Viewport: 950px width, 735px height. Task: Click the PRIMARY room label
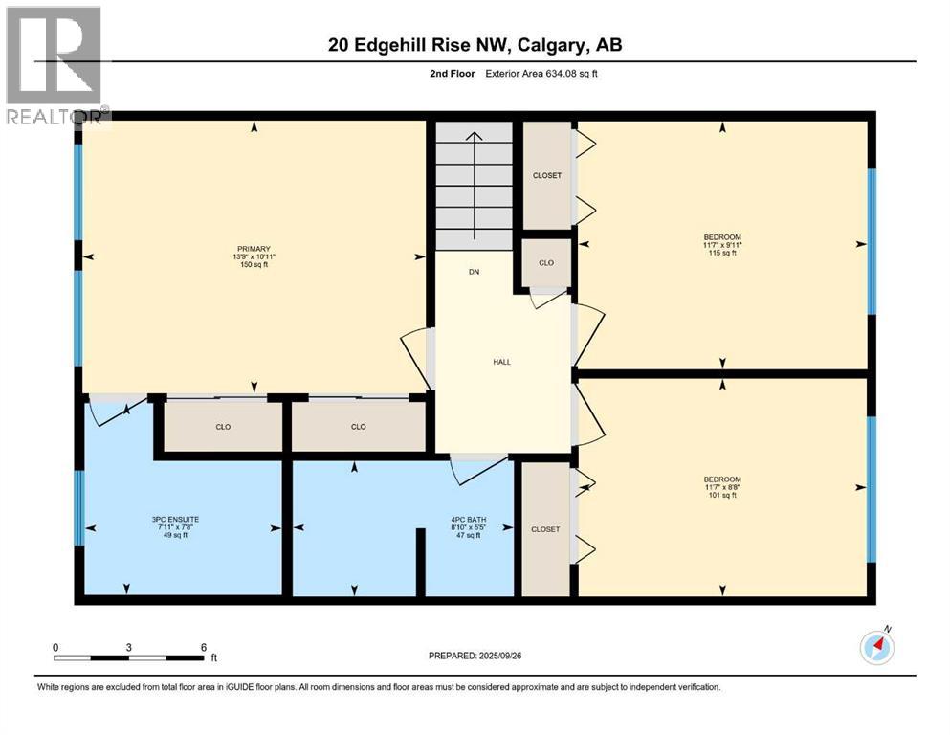click(x=254, y=249)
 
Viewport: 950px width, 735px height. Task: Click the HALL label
click(x=501, y=362)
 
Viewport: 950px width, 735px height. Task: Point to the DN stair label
click(x=474, y=272)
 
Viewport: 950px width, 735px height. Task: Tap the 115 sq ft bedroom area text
click(x=722, y=254)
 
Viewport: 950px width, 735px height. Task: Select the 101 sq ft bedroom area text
click(x=722, y=495)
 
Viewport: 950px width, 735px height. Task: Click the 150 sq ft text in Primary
click(x=254, y=265)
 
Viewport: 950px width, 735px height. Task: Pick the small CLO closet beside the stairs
click(x=545, y=263)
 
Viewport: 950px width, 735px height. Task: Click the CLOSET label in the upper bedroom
click(x=546, y=175)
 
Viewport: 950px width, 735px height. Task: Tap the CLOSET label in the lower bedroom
click(x=545, y=529)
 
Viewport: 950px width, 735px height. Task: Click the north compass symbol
click(x=876, y=648)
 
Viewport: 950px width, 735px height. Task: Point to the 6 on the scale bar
click(x=203, y=647)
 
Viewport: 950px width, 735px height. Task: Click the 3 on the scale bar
click(x=129, y=647)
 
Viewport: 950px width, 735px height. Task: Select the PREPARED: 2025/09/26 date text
click(x=480, y=656)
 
